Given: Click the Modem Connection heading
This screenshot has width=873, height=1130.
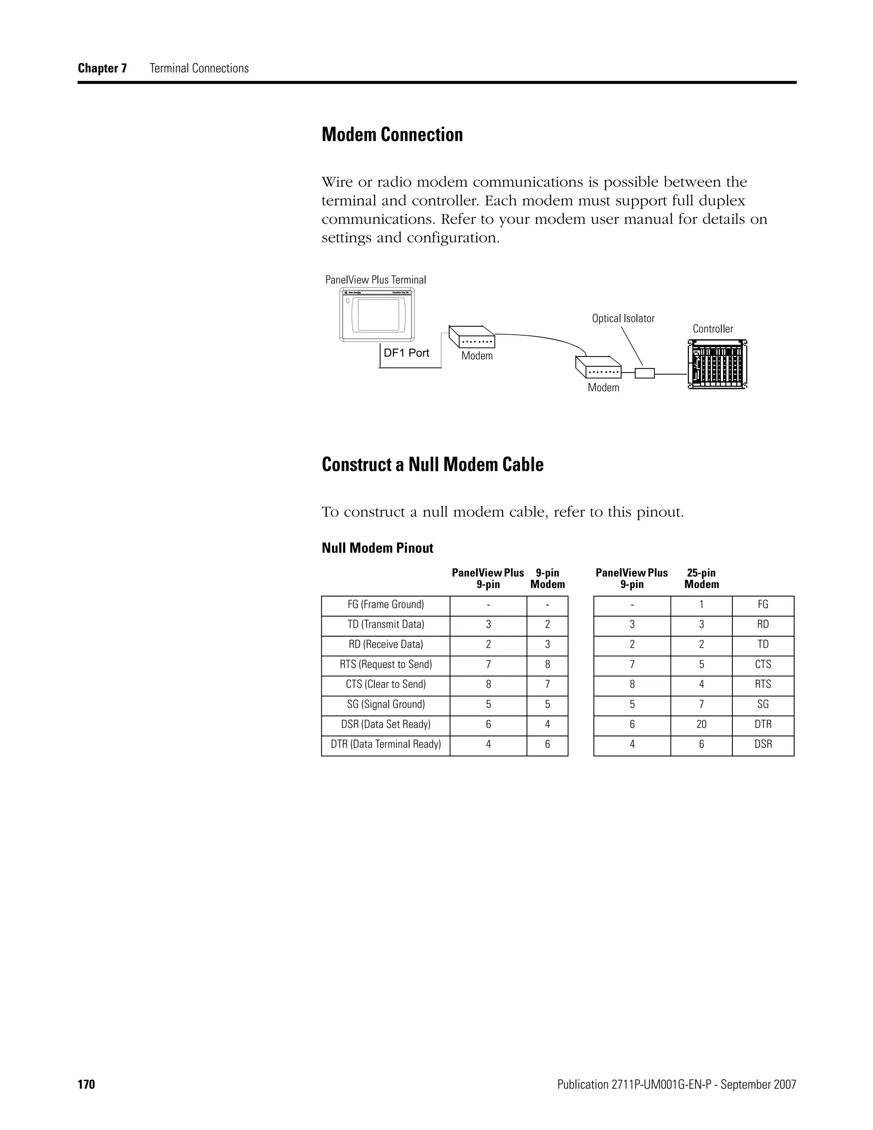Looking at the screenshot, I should tap(392, 134).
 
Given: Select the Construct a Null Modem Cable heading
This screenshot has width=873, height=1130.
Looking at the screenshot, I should tap(432, 465).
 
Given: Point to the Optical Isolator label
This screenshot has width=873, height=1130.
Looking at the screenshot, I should tap(623, 319).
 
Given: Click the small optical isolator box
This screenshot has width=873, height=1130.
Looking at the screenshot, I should tap(645, 373).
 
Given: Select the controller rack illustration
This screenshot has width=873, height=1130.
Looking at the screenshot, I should tap(717, 364).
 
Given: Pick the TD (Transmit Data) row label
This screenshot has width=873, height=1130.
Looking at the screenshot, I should tap(386, 625).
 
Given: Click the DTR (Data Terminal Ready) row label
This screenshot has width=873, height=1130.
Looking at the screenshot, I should tap(386, 745).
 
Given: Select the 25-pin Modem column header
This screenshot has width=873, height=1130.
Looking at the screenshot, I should tap(701, 579).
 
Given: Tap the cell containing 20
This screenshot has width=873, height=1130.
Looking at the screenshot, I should tap(701, 724).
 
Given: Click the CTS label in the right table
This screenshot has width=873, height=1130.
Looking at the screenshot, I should tap(763, 664).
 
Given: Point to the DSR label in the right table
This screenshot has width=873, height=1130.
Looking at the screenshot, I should tap(763, 745).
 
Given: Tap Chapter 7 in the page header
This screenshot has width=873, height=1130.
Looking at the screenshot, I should tap(102, 68).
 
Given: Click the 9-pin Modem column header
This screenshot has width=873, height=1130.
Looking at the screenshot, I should tap(547, 579).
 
